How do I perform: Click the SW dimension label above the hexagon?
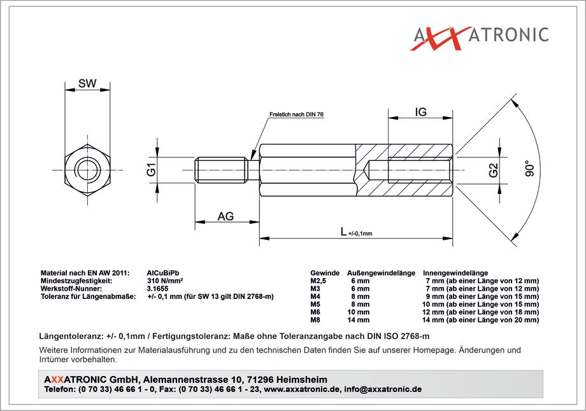[87, 83]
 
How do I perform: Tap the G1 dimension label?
[152, 169]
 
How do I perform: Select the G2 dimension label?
[494, 171]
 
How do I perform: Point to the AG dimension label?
[225, 216]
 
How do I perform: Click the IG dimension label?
[420, 111]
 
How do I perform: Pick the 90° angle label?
[529, 168]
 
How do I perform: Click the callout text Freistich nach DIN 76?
[296, 115]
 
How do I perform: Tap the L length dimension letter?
[344, 232]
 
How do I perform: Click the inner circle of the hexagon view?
[87, 171]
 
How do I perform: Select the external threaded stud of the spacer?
[221, 171]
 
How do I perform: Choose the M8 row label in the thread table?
[315, 320]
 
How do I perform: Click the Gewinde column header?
[325, 273]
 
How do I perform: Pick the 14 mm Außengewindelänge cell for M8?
[358, 320]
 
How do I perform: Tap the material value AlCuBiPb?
[163, 273]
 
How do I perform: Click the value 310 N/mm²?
[165, 281]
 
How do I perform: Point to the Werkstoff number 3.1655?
[158, 289]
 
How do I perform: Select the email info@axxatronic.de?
[383, 389]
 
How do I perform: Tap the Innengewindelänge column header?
[455, 273]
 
